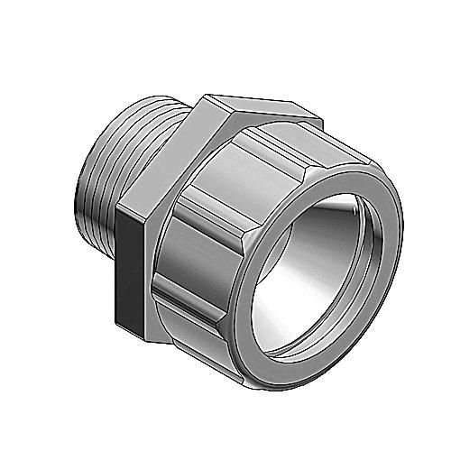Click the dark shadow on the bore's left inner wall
(275, 271)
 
